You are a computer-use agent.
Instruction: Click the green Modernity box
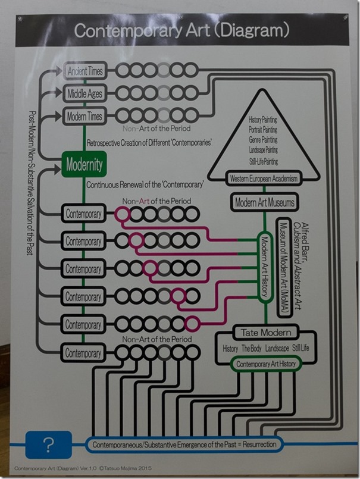84,163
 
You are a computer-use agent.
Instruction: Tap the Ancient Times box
84,71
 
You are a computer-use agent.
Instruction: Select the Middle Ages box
84,93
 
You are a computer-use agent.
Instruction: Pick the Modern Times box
84,115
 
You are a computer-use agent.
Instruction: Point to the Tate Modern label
266,332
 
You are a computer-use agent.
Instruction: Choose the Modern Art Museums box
264,203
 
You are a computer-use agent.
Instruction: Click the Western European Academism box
264,179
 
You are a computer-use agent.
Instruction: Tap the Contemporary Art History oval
266,364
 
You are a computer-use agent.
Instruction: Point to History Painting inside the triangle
263,120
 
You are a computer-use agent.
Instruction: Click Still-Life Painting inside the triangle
263,161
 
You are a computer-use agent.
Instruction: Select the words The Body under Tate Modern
253,348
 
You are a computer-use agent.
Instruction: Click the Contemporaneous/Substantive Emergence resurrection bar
184,444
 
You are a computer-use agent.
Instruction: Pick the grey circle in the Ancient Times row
164,70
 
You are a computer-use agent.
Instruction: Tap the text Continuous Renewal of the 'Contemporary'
145,185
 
